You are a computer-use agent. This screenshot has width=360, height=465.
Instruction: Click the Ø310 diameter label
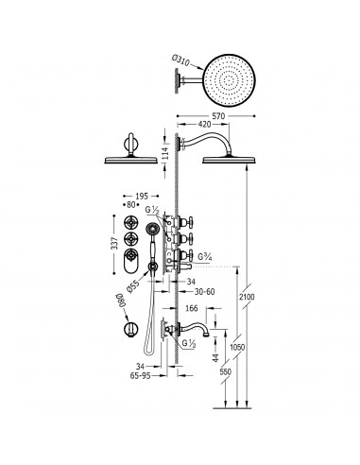coord(180,60)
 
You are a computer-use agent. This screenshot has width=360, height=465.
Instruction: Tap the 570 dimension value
coord(218,116)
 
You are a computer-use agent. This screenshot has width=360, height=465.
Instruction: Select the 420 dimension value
coord(204,125)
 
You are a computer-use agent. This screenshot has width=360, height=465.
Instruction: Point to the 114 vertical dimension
coord(167,152)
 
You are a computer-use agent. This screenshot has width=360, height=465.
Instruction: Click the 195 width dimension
coord(142,197)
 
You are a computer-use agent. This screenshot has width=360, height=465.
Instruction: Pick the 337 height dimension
coord(115,243)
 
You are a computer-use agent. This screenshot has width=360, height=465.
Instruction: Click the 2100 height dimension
coord(247,297)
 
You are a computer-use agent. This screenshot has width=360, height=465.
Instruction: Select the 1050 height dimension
coord(237,348)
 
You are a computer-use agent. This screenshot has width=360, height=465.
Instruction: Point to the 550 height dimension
coord(226,372)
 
